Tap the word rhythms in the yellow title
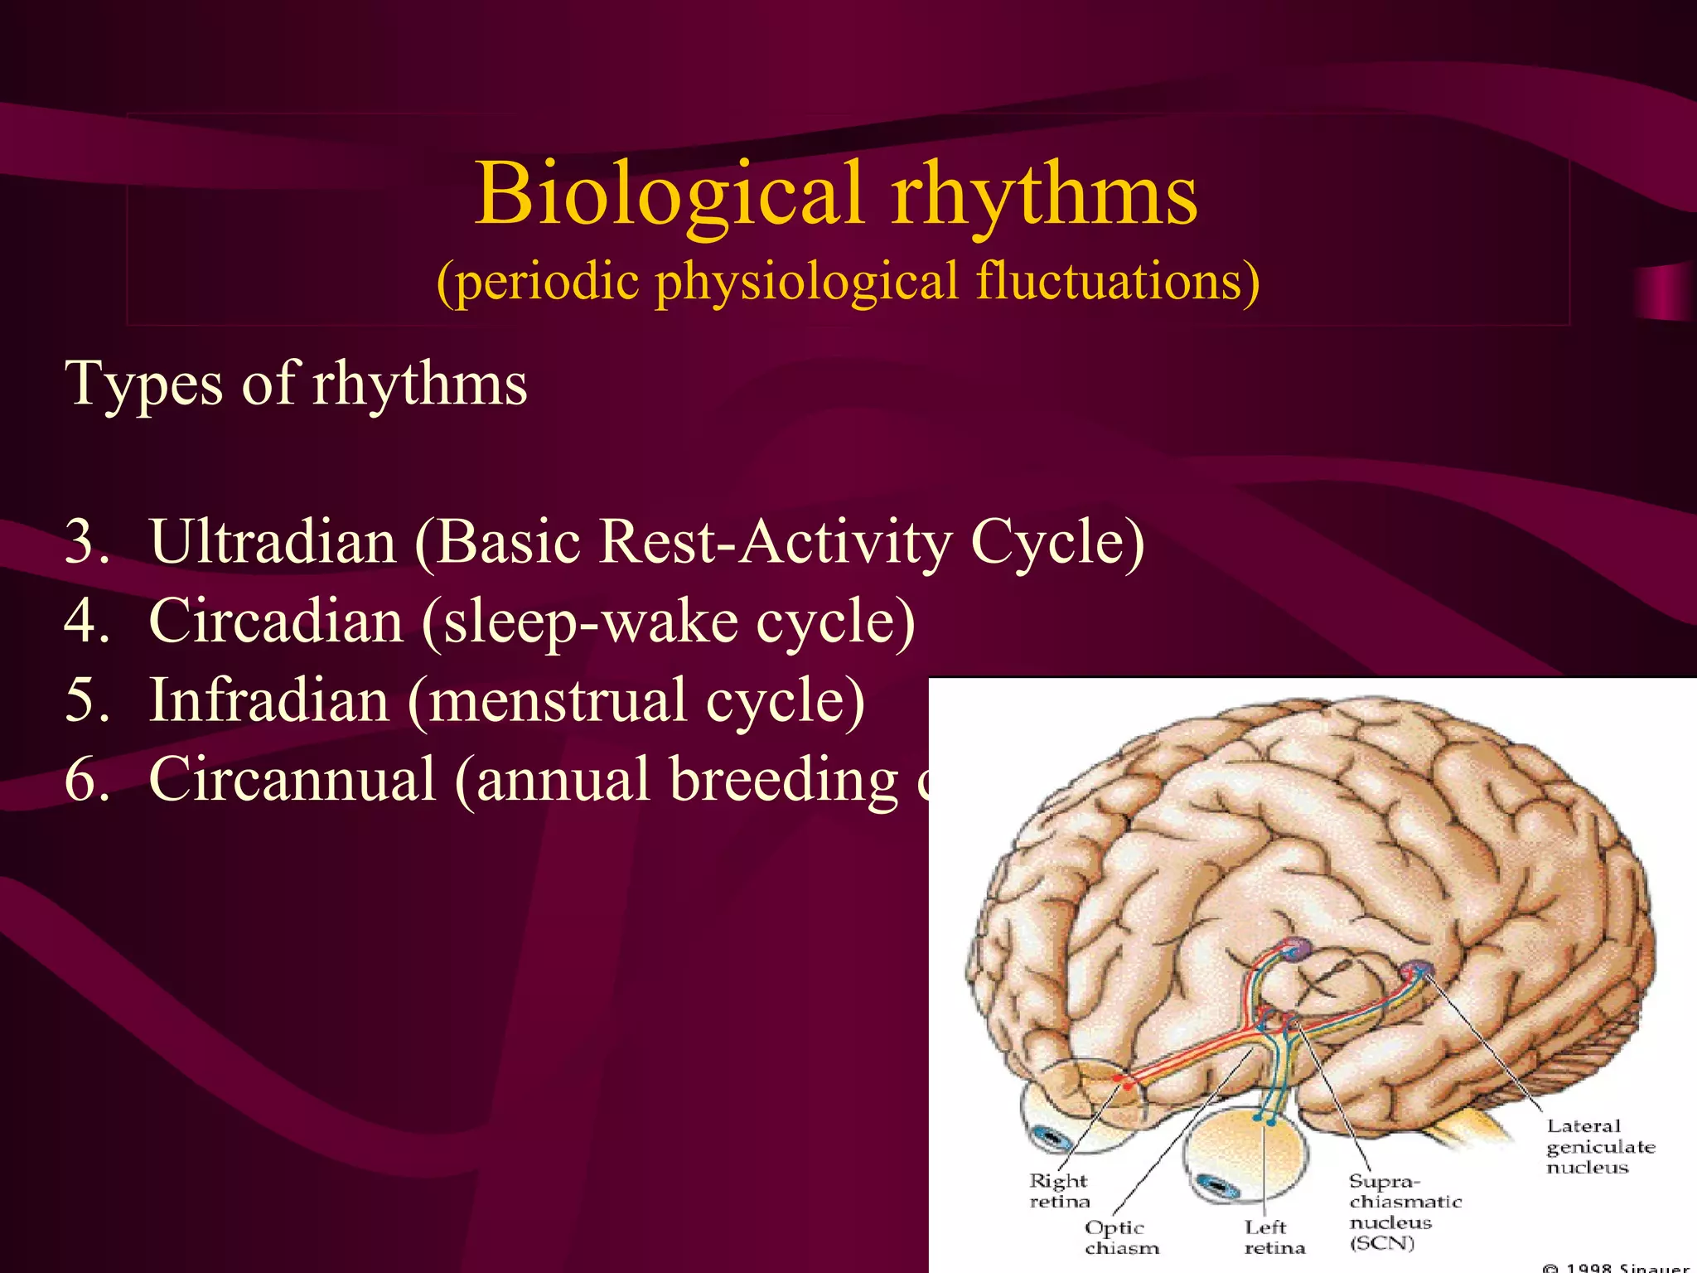point(1044,195)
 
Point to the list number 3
point(86,543)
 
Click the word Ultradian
point(273,543)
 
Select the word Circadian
point(276,622)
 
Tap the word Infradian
point(268,701)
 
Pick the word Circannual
point(292,780)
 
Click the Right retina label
point(1059,1191)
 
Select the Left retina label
point(1274,1237)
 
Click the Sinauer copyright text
point(1616,1266)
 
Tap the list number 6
point(86,780)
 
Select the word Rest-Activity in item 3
point(774,543)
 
